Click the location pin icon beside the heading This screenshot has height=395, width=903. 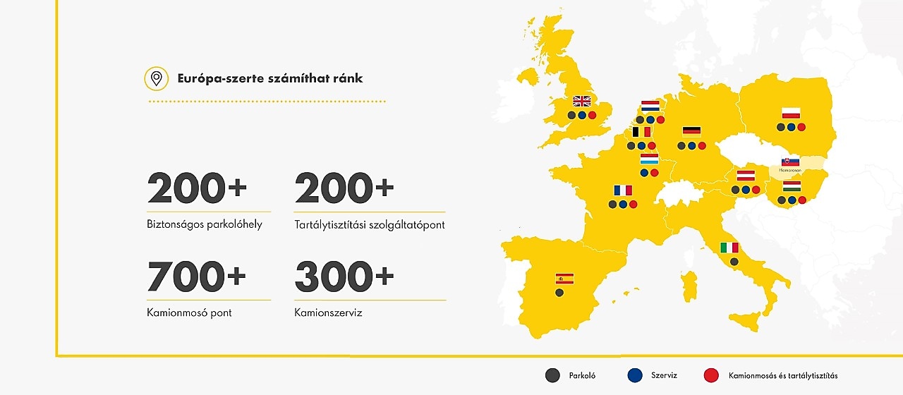156,78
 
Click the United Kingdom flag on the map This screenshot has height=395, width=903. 582,101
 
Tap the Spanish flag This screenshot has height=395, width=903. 564,278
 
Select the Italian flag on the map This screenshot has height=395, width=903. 729,248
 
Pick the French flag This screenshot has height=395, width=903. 623,190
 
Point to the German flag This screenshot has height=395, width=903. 691,131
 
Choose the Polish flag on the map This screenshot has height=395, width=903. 791,113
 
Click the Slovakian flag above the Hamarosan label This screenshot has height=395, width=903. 791,162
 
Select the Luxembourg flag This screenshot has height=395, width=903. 649,159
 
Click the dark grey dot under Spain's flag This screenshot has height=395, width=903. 559,292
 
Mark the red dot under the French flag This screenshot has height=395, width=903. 634,205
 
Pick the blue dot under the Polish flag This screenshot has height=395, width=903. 791,127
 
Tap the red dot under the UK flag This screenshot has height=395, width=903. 592,115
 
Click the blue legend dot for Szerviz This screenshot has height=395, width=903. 635,375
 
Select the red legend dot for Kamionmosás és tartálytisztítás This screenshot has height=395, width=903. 712,375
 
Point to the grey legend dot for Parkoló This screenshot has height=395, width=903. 552,375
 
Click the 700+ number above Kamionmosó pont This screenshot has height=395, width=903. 197,276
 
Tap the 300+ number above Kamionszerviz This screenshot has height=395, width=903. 344,276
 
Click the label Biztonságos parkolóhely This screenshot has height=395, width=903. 205,225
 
